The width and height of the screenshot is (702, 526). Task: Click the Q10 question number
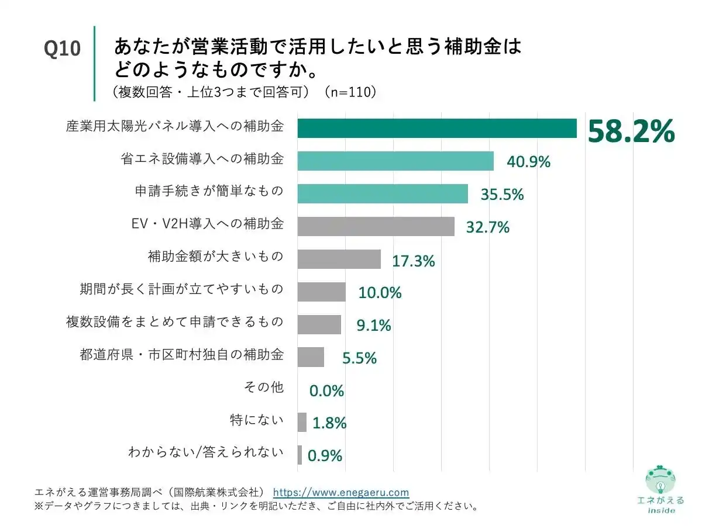click(62, 49)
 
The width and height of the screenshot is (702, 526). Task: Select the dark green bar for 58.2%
click(436, 129)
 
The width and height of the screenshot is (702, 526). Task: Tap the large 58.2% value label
click(631, 131)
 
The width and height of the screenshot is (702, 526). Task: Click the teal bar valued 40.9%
click(395, 161)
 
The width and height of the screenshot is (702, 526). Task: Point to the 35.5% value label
click(502, 195)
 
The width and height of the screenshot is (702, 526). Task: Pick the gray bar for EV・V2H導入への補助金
click(376, 226)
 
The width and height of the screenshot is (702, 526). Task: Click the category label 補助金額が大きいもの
click(215, 257)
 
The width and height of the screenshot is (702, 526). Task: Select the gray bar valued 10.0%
click(321, 292)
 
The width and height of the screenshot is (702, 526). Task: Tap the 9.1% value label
click(374, 325)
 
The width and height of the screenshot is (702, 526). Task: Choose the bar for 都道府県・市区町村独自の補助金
click(311, 357)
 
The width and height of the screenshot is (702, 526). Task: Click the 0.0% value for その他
click(326, 390)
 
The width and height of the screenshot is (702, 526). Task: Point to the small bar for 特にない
click(302, 422)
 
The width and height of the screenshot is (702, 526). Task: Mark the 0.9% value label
click(325, 455)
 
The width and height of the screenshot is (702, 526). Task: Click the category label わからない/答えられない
click(206, 452)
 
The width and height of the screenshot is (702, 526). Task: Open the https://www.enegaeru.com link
click(341, 493)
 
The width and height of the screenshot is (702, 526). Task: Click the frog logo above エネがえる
click(660, 480)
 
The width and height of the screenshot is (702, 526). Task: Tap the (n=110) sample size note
click(350, 93)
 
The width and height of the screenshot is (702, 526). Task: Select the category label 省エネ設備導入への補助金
click(202, 159)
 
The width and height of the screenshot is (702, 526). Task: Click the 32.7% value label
click(487, 227)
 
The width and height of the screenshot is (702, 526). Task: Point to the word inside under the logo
click(661, 510)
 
